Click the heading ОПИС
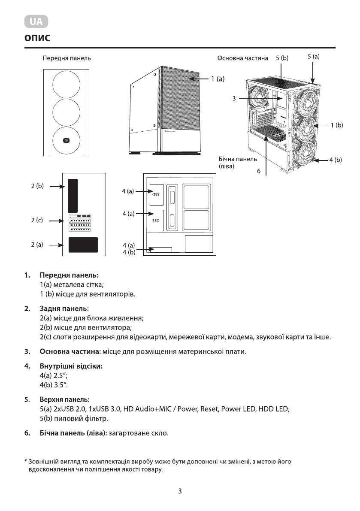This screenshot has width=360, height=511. (37, 38)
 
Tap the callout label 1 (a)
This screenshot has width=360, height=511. (217, 79)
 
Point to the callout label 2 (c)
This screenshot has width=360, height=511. (37, 221)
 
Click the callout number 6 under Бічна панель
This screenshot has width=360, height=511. (259, 171)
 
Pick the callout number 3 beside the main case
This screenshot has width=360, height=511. (234, 99)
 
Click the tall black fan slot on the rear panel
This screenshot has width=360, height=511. (73, 194)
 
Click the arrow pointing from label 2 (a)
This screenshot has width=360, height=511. (55, 245)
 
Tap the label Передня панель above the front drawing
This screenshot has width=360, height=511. (67, 58)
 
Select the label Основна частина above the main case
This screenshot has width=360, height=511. (243, 58)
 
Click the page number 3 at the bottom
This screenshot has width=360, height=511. (180, 491)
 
